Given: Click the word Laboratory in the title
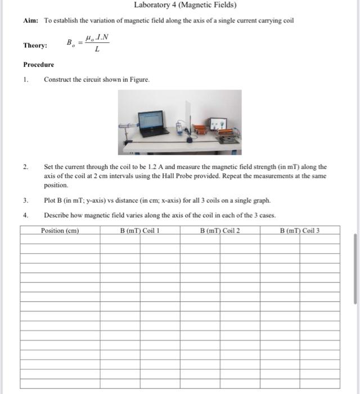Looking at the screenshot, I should pyautogui.click(x=151, y=5).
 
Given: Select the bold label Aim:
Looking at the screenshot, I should pyautogui.click(x=30, y=21).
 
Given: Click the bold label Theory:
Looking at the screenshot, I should pyautogui.click(x=35, y=45).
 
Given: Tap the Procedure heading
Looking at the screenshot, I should pyautogui.click(x=39, y=65).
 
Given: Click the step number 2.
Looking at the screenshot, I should pyautogui.click(x=26, y=167).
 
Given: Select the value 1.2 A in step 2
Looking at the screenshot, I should pyautogui.click(x=151, y=167).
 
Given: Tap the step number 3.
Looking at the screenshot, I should pyautogui.click(x=26, y=200).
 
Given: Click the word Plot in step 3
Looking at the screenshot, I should pyautogui.click(x=49, y=200).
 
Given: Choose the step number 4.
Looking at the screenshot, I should pyautogui.click(x=26, y=215).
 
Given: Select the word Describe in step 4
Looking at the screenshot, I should pyautogui.click(x=57, y=215).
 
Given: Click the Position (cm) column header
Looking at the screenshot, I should pyautogui.click(x=60, y=230).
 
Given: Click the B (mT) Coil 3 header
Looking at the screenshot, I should pyautogui.click(x=299, y=230).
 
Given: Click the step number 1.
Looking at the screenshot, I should pyautogui.click(x=26, y=79).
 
